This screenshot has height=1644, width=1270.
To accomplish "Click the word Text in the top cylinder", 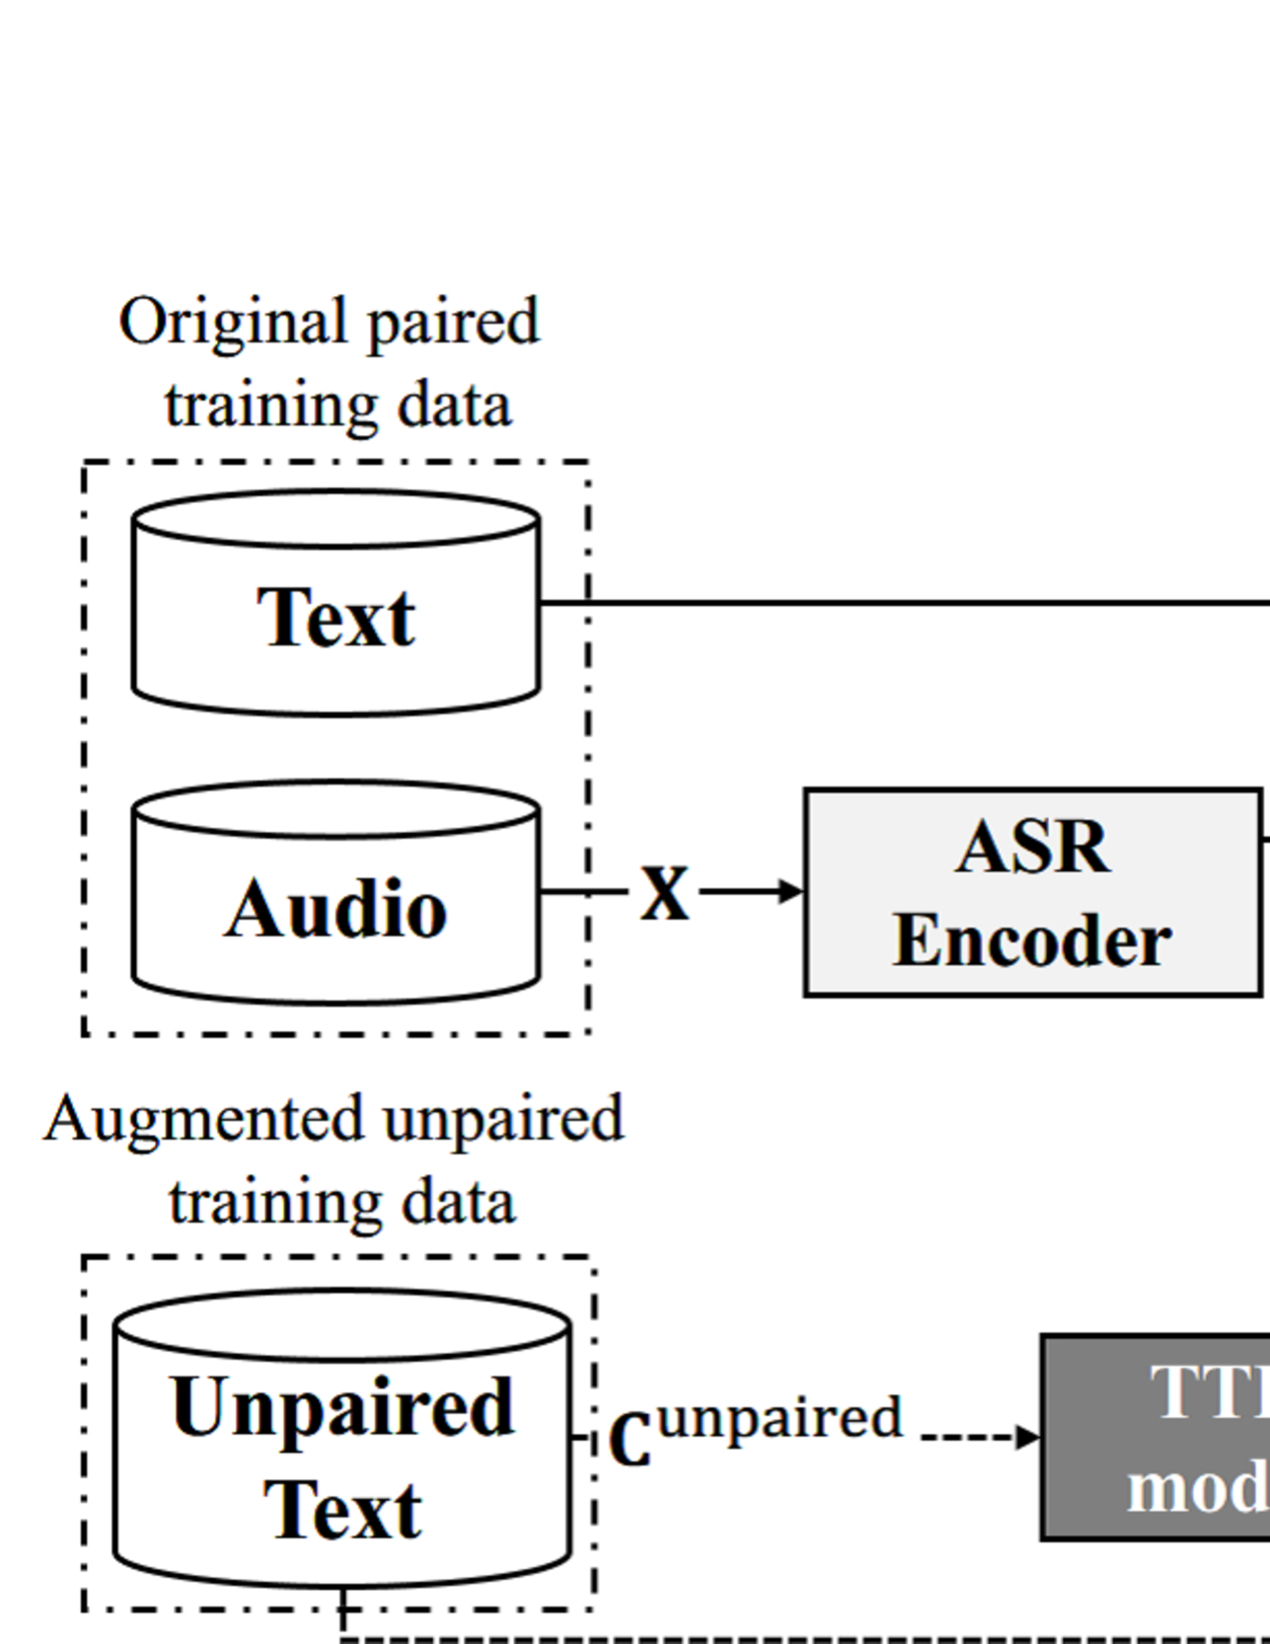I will click(336, 619).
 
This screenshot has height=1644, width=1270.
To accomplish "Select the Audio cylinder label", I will click(336, 909).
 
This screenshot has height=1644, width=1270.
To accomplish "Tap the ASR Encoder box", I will click(1032, 893).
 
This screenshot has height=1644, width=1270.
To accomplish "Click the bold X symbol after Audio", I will click(665, 893).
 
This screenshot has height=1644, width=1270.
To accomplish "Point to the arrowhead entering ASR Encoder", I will click(792, 892).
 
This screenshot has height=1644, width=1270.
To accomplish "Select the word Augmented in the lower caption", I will click(204, 1119).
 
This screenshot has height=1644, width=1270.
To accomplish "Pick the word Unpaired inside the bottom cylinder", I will click(342, 1407).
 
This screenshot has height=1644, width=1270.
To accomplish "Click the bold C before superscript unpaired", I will click(631, 1441).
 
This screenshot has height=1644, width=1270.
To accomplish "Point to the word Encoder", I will click(1032, 940).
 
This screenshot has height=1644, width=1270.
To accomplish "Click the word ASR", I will click(1032, 847).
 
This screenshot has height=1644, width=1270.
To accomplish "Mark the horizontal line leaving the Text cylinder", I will click(888, 602).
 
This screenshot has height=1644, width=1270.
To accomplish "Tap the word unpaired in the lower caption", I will click(503, 1119).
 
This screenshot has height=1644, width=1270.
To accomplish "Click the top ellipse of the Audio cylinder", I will click(336, 809).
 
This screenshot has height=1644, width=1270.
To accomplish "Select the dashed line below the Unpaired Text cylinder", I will click(789, 1639).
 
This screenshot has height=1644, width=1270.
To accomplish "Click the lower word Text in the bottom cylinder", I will click(342, 1511).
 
